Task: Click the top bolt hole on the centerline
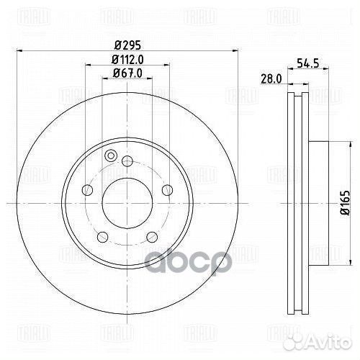point(127,161)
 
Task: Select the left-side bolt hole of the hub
point(88,189)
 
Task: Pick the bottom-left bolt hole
point(103,235)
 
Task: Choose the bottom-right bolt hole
point(151,235)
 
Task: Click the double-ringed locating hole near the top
point(111,156)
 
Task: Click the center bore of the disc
point(127,203)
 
